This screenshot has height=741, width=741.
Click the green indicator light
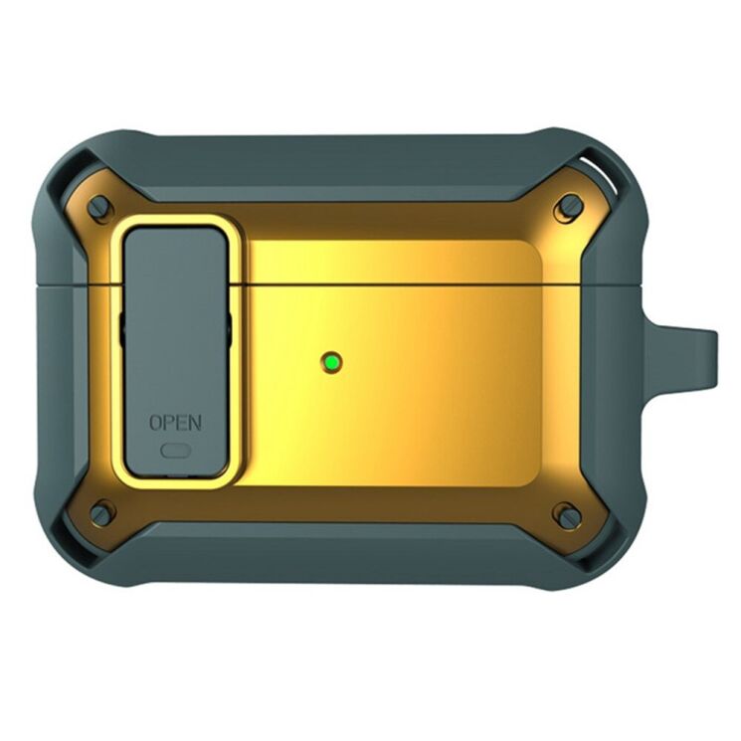[x=332, y=362]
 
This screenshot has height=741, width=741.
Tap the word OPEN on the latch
[x=175, y=422]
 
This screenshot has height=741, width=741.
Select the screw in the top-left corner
[x=98, y=208]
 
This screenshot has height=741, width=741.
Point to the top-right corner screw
[x=570, y=207]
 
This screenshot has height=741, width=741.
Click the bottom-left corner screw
[x=99, y=514]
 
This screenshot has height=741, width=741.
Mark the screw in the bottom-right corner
[x=569, y=516]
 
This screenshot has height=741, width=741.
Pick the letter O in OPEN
[x=156, y=422]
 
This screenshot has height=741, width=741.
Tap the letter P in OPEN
[x=169, y=422]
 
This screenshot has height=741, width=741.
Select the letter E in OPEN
[x=181, y=422]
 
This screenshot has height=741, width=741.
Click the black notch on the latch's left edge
[x=120, y=329]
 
